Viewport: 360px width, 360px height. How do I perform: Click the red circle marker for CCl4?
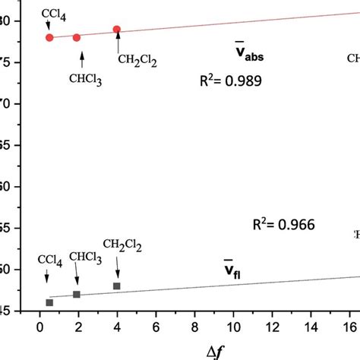coord(49,37)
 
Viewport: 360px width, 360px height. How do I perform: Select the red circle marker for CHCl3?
coord(77,37)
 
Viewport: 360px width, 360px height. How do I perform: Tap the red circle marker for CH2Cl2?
coord(117,30)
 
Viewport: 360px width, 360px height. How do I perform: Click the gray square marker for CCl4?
coord(49,302)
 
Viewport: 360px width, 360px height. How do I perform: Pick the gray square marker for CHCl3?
coord(77,294)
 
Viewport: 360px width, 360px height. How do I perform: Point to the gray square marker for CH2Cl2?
coord(117,286)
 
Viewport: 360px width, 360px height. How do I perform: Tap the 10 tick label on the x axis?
coord(233,327)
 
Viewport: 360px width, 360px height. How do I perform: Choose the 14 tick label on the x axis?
coord(311,327)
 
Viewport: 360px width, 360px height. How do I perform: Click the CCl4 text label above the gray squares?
coord(50,261)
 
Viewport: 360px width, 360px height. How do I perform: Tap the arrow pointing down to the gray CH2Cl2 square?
coord(118,267)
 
